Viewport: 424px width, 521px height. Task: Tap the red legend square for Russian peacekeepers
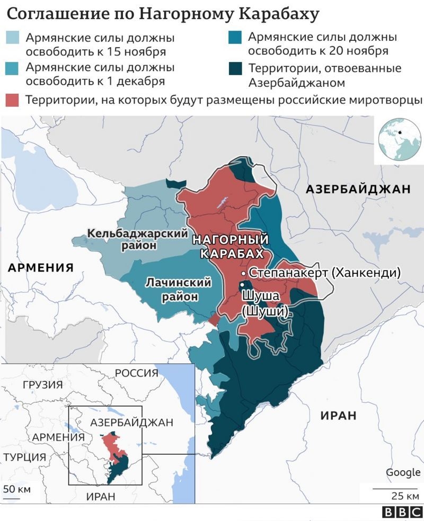coord(12,100)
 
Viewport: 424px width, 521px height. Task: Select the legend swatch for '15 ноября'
coord(12,39)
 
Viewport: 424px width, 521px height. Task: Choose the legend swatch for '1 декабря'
coord(12,68)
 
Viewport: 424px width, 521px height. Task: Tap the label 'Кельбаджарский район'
coord(138,239)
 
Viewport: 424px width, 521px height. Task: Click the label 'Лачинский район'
coord(179,289)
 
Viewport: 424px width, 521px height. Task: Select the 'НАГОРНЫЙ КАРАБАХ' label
coord(231,246)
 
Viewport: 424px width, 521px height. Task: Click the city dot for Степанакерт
coord(243,273)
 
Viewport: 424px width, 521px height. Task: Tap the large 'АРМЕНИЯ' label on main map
coord(40,268)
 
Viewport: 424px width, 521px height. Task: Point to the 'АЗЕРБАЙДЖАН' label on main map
coord(359,189)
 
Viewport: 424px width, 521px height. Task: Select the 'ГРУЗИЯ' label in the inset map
coord(43,385)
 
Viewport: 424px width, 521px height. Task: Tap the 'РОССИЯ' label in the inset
coord(136,373)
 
